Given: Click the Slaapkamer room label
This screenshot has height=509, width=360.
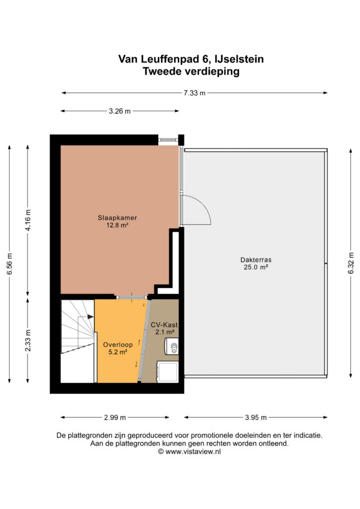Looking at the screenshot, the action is (x=117, y=218).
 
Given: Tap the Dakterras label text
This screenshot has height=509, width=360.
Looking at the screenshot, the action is (x=256, y=259).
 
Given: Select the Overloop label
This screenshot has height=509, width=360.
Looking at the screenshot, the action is (x=118, y=345).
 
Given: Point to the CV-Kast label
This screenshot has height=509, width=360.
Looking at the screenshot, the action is (x=164, y=325).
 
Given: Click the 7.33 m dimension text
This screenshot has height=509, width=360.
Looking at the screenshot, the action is (x=194, y=93).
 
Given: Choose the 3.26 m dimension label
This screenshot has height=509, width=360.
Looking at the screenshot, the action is (x=119, y=111).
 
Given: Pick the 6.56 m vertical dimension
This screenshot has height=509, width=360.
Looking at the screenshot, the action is (x=9, y=263).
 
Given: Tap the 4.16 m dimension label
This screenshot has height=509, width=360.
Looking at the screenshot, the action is (x=28, y=220).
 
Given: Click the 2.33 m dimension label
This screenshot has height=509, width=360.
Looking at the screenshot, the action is (x=28, y=340).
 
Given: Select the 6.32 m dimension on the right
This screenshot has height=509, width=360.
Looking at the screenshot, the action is (x=351, y=263).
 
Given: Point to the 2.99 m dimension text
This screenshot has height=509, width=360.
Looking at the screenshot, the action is (x=115, y=418).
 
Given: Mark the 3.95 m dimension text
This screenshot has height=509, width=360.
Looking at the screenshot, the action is (x=256, y=418).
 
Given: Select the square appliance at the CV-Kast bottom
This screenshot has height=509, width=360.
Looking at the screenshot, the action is (x=168, y=372).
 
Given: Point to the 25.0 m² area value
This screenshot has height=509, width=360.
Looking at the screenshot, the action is (x=256, y=267).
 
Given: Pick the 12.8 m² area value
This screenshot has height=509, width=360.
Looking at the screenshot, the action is (x=117, y=225).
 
